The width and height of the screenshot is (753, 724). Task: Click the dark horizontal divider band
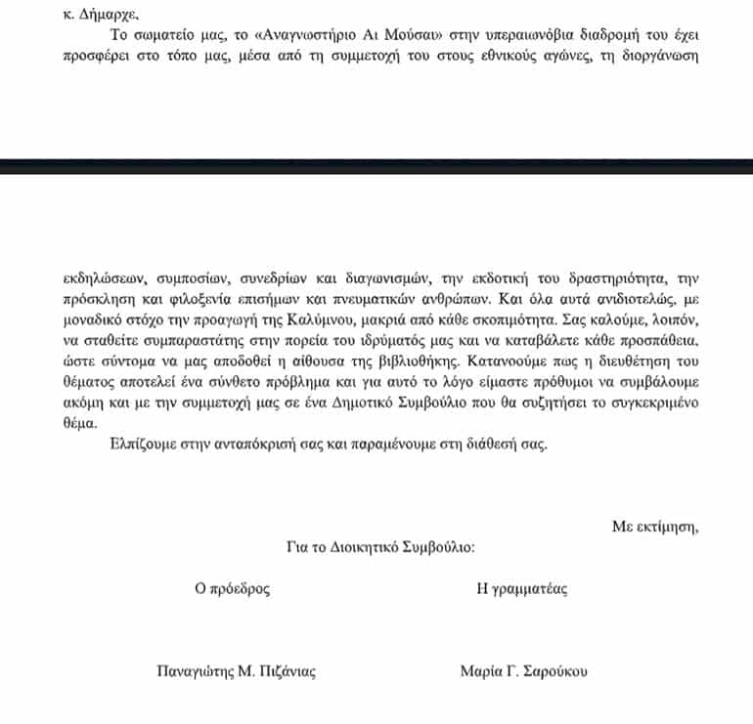point(376,166)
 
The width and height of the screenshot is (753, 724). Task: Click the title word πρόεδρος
point(239,589)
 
